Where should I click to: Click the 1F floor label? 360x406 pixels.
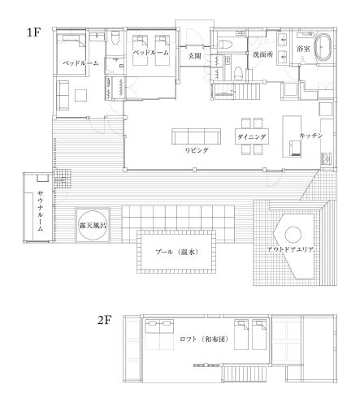pos(33,32)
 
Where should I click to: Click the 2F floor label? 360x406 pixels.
pos(105,320)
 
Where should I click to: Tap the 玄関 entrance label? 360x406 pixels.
pos(195,56)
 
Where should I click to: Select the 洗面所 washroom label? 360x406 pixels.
pos(262,54)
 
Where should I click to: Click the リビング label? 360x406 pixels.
pos(197,150)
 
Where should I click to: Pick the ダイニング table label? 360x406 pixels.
pos(252,137)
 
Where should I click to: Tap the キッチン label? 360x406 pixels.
pos(311,136)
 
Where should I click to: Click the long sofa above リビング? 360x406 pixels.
pos(197,136)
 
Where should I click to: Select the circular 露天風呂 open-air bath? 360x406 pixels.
pos(93,225)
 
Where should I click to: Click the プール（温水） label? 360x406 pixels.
pos(177,252)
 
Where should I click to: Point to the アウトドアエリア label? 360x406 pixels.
pos(290,249)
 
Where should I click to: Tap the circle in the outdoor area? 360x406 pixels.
pos(293,235)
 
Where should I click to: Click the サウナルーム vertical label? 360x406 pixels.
pos(41,210)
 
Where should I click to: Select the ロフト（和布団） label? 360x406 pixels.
pos(204,339)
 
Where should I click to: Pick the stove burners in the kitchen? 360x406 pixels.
pos(326,158)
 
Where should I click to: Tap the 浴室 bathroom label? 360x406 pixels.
pos(303,49)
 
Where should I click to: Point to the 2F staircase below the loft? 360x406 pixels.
pos(245,374)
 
